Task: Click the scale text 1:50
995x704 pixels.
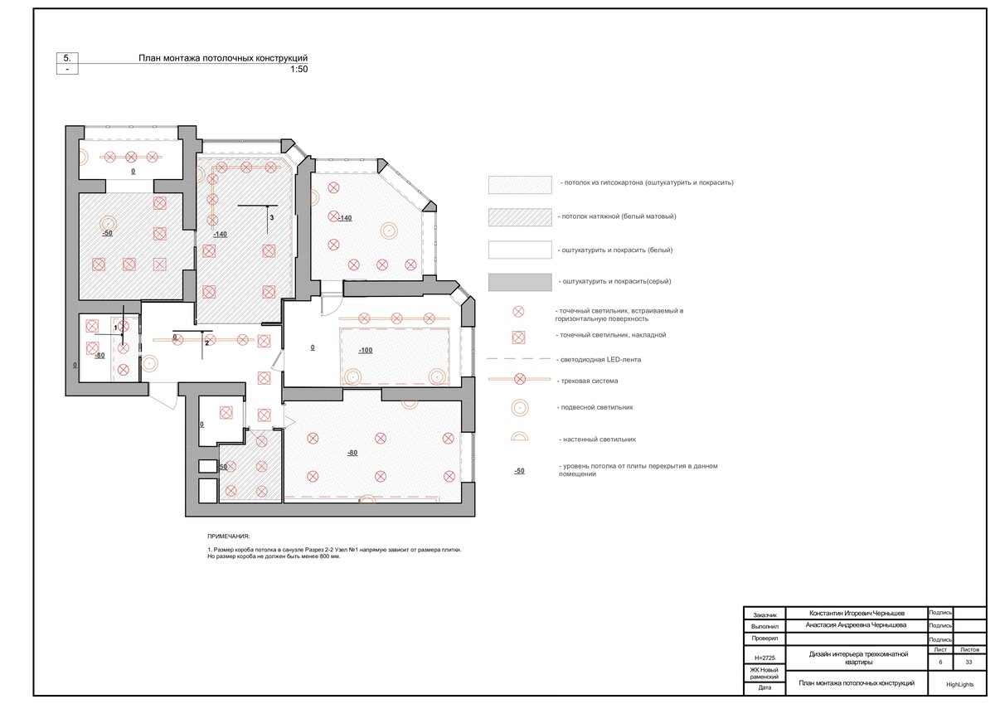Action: click(299, 69)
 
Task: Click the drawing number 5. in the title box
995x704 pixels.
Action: click(67, 58)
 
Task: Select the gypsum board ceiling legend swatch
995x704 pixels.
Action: click(520, 185)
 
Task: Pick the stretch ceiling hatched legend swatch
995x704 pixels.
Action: click(520, 217)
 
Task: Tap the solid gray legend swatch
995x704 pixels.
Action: click(520, 283)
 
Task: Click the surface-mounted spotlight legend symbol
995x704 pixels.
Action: click(518, 337)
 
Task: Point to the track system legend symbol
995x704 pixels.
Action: click(519, 379)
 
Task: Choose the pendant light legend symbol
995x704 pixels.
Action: click(520, 408)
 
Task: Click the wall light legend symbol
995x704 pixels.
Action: click(519, 436)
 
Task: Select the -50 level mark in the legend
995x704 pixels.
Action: click(519, 471)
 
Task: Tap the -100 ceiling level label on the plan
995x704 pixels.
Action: click(366, 351)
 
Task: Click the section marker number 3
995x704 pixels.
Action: click(272, 217)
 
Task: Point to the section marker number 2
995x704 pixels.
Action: click(206, 343)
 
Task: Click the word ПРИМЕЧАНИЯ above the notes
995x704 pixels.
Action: click(228, 536)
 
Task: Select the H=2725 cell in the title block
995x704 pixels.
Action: click(764, 658)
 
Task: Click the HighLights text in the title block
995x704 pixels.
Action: click(959, 684)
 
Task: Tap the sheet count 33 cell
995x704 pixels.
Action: click(968, 662)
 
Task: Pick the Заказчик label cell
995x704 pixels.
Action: click(764, 615)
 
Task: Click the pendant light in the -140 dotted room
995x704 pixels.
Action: click(389, 230)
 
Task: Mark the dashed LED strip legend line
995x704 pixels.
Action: click(519, 358)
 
